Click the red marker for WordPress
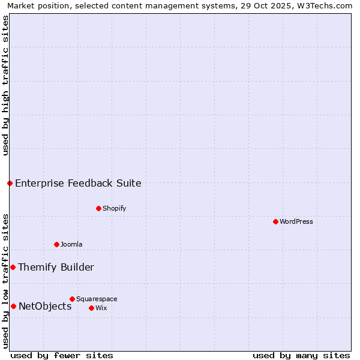tap(275, 221)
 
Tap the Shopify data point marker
tap(98, 208)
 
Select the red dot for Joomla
tap(56, 244)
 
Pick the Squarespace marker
tap(72, 299)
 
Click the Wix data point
tap(91, 308)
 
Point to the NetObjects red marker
tap(13, 306)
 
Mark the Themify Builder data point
tap(13, 267)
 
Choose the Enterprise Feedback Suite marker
tap(10, 183)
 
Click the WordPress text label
tap(296, 221)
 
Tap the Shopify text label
tap(115, 208)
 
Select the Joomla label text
tap(71, 244)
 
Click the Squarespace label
tap(97, 299)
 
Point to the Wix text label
tap(101, 308)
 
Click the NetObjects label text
tap(45, 306)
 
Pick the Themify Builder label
tap(56, 267)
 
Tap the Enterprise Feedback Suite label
tap(78, 183)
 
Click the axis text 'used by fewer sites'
tap(62, 355)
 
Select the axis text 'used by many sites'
tap(301, 355)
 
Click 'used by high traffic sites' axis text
tap(5, 85)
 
